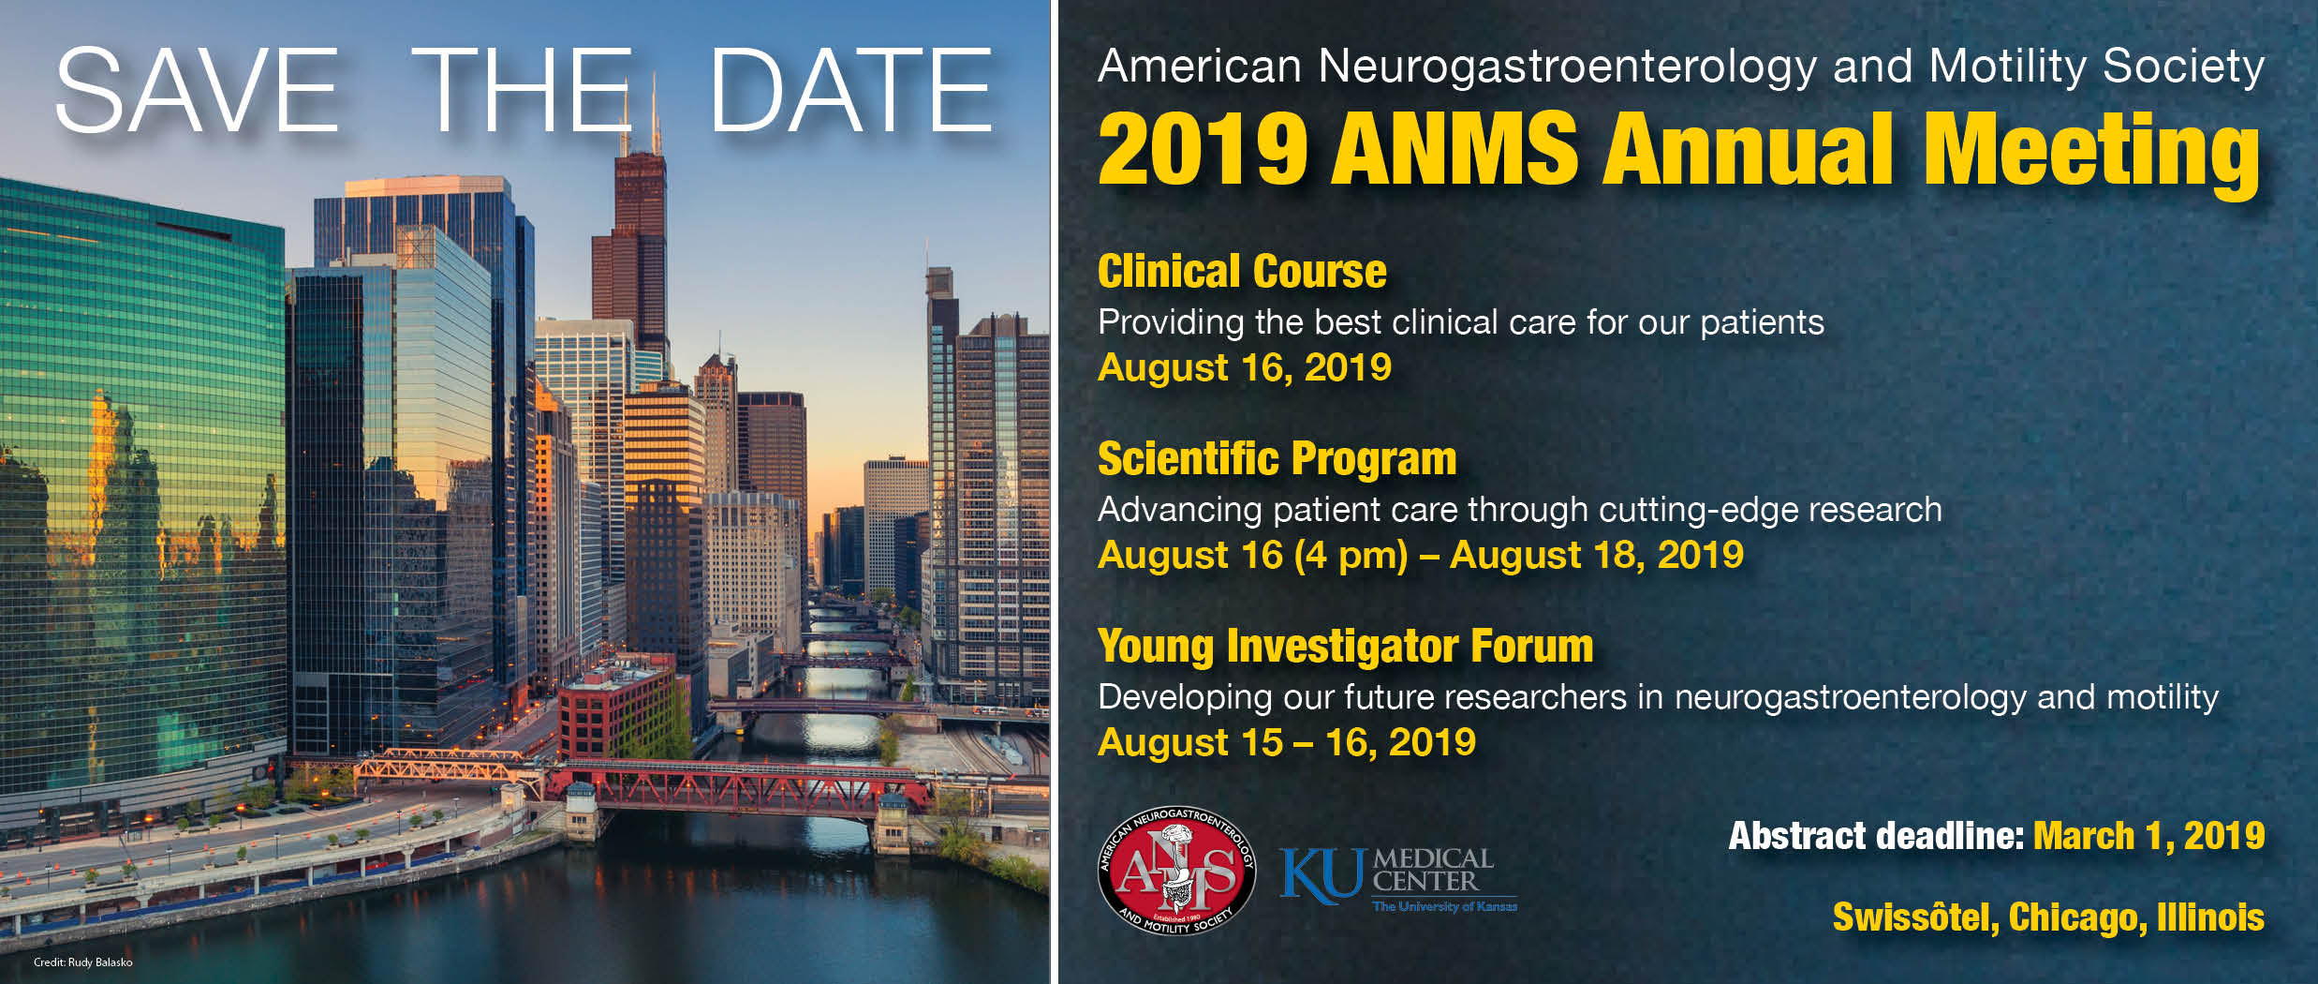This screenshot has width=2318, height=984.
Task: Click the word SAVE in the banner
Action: [x=197, y=91]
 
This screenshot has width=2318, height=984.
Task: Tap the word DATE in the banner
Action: [x=850, y=91]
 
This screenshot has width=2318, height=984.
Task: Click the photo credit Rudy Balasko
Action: [x=82, y=962]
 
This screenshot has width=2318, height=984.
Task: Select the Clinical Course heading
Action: [x=1242, y=272]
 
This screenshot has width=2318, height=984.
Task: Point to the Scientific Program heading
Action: [x=1277, y=459]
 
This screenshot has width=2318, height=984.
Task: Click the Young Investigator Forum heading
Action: [x=1345, y=647]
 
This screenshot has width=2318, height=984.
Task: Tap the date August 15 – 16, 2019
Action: [x=1287, y=742]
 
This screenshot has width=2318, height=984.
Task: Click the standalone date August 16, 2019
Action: [x=1245, y=367]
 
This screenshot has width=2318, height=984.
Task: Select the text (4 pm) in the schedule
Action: [x=1351, y=555]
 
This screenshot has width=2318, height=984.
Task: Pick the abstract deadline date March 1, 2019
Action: [x=2148, y=836]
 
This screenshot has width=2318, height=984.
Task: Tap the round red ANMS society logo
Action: [x=1176, y=871]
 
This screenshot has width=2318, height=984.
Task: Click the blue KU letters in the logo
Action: [x=1321, y=875]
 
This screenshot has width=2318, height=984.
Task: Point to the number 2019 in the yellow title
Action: [x=1203, y=150]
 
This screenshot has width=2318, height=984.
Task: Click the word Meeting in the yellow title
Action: [x=2092, y=150]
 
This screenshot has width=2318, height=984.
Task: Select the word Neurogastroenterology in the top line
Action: [x=1567, y=67]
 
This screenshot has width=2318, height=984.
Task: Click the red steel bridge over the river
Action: [x=740, y=785]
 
